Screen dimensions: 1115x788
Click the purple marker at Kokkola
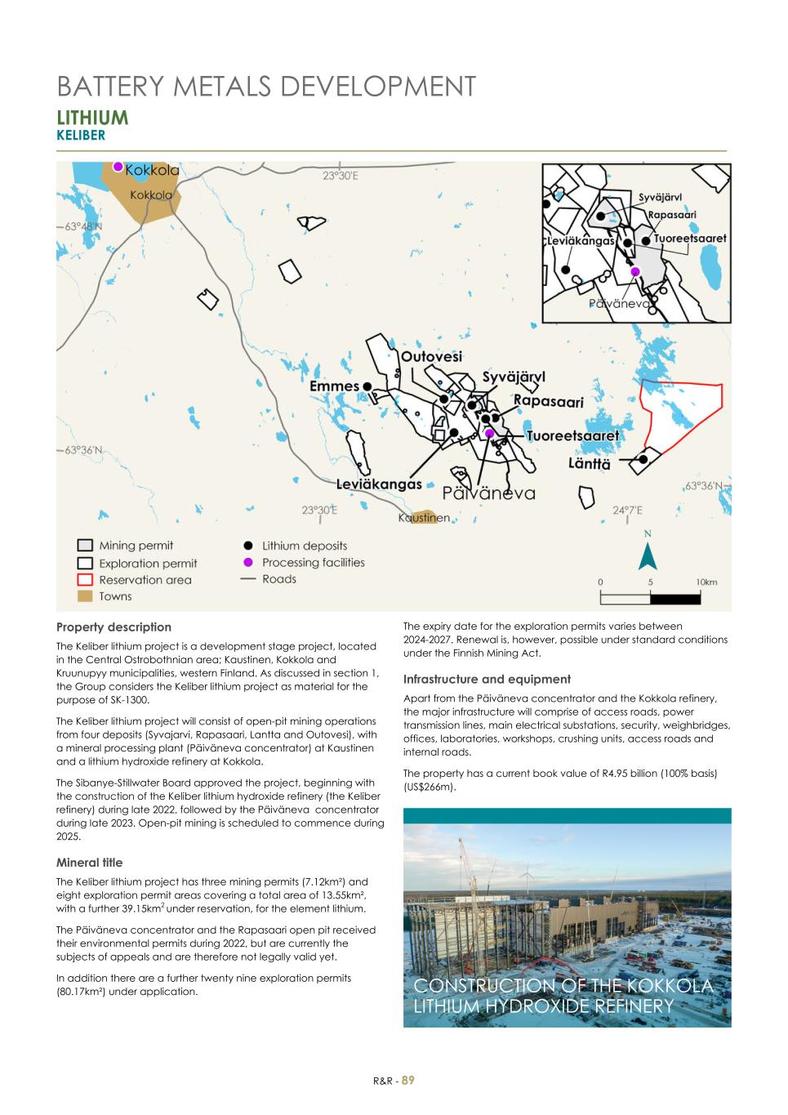coord(118,167)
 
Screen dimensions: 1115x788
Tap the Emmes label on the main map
coord(335,386)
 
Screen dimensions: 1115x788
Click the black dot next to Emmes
coord(367,386)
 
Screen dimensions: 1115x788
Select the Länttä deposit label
coord(589,464)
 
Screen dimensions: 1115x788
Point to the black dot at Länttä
coord(643,459)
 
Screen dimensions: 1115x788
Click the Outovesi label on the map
coord(431,357)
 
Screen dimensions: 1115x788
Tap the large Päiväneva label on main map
coord(488,493)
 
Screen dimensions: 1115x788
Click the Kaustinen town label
coord(424,518)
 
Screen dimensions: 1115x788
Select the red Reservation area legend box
coord(85,580)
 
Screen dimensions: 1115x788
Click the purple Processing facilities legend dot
coord(248,563)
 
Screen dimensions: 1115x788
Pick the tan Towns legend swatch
coord(85,597)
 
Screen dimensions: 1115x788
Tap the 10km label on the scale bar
coord(706,582)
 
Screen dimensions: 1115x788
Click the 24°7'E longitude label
coord(627,510)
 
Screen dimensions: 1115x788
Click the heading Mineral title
coord(89,863)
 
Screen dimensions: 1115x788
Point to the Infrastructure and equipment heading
coord(487,679)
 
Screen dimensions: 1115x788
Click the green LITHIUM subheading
coord(92,118)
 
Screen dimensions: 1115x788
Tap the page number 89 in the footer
coord(408,1080)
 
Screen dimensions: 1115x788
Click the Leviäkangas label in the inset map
coord(581,241)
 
